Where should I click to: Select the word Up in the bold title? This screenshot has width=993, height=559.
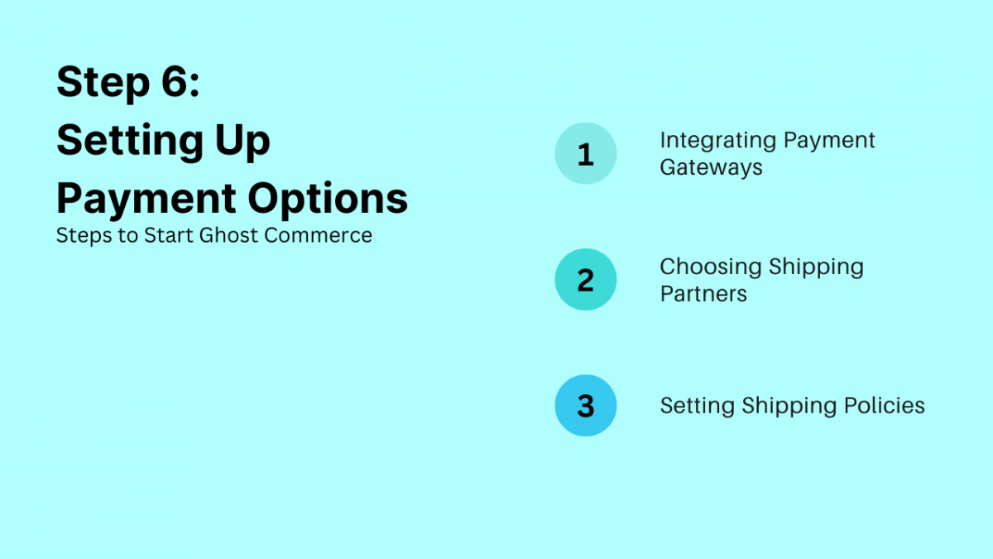coord(244,142)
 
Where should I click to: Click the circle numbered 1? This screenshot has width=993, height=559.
coord(586,154)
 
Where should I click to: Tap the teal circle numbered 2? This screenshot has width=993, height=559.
coord(586,280)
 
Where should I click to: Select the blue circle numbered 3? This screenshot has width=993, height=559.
coord(586,406)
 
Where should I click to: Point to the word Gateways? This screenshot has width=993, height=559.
coord(711,167)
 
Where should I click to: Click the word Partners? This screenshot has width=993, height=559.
coord(703,294)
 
